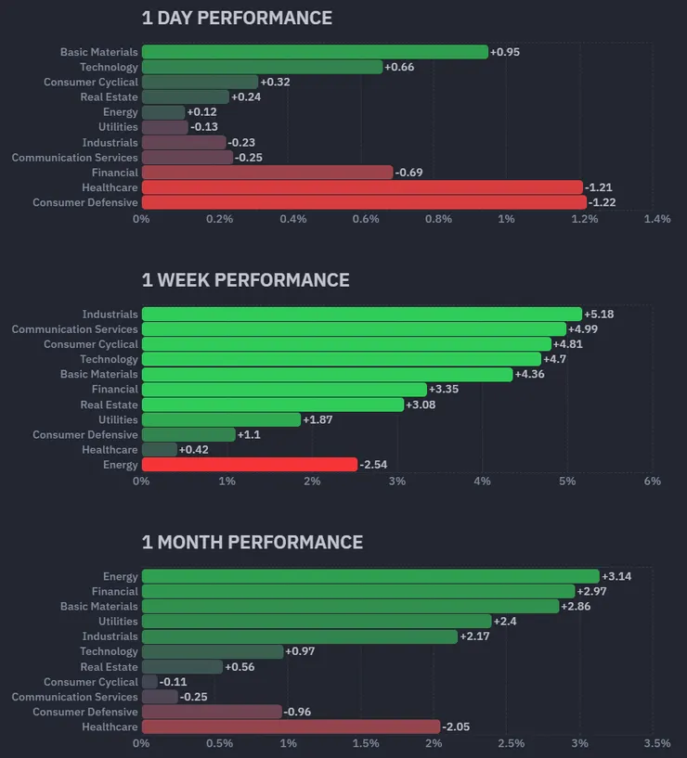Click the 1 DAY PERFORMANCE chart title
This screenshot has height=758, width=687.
point(237,18)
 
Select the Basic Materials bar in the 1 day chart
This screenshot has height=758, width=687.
point(315,52)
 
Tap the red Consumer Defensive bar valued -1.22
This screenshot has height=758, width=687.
point(364,202)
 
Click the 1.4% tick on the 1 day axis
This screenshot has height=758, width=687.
point(656,219)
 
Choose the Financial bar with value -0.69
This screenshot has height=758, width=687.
point(267,173)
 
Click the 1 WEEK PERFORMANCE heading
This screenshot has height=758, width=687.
point(245,280)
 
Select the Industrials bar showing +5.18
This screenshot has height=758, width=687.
point(362,315)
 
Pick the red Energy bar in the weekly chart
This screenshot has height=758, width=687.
point(249,465)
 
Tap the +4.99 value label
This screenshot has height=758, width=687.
point(583,329)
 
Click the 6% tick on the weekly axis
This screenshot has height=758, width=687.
point(652,482)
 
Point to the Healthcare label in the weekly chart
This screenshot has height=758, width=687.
point(110,450)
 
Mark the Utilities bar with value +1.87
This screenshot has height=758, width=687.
point(221,419)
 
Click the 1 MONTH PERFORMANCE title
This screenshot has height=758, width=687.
point(252,542)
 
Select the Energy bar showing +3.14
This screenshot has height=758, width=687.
point(370,576)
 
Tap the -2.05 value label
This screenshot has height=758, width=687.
point(459,727)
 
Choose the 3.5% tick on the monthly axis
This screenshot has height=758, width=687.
point(656,743)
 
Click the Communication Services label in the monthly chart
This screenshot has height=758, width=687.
point(74,697)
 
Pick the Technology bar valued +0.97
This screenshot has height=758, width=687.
point(213,651)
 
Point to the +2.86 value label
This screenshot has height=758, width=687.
point(577,606)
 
